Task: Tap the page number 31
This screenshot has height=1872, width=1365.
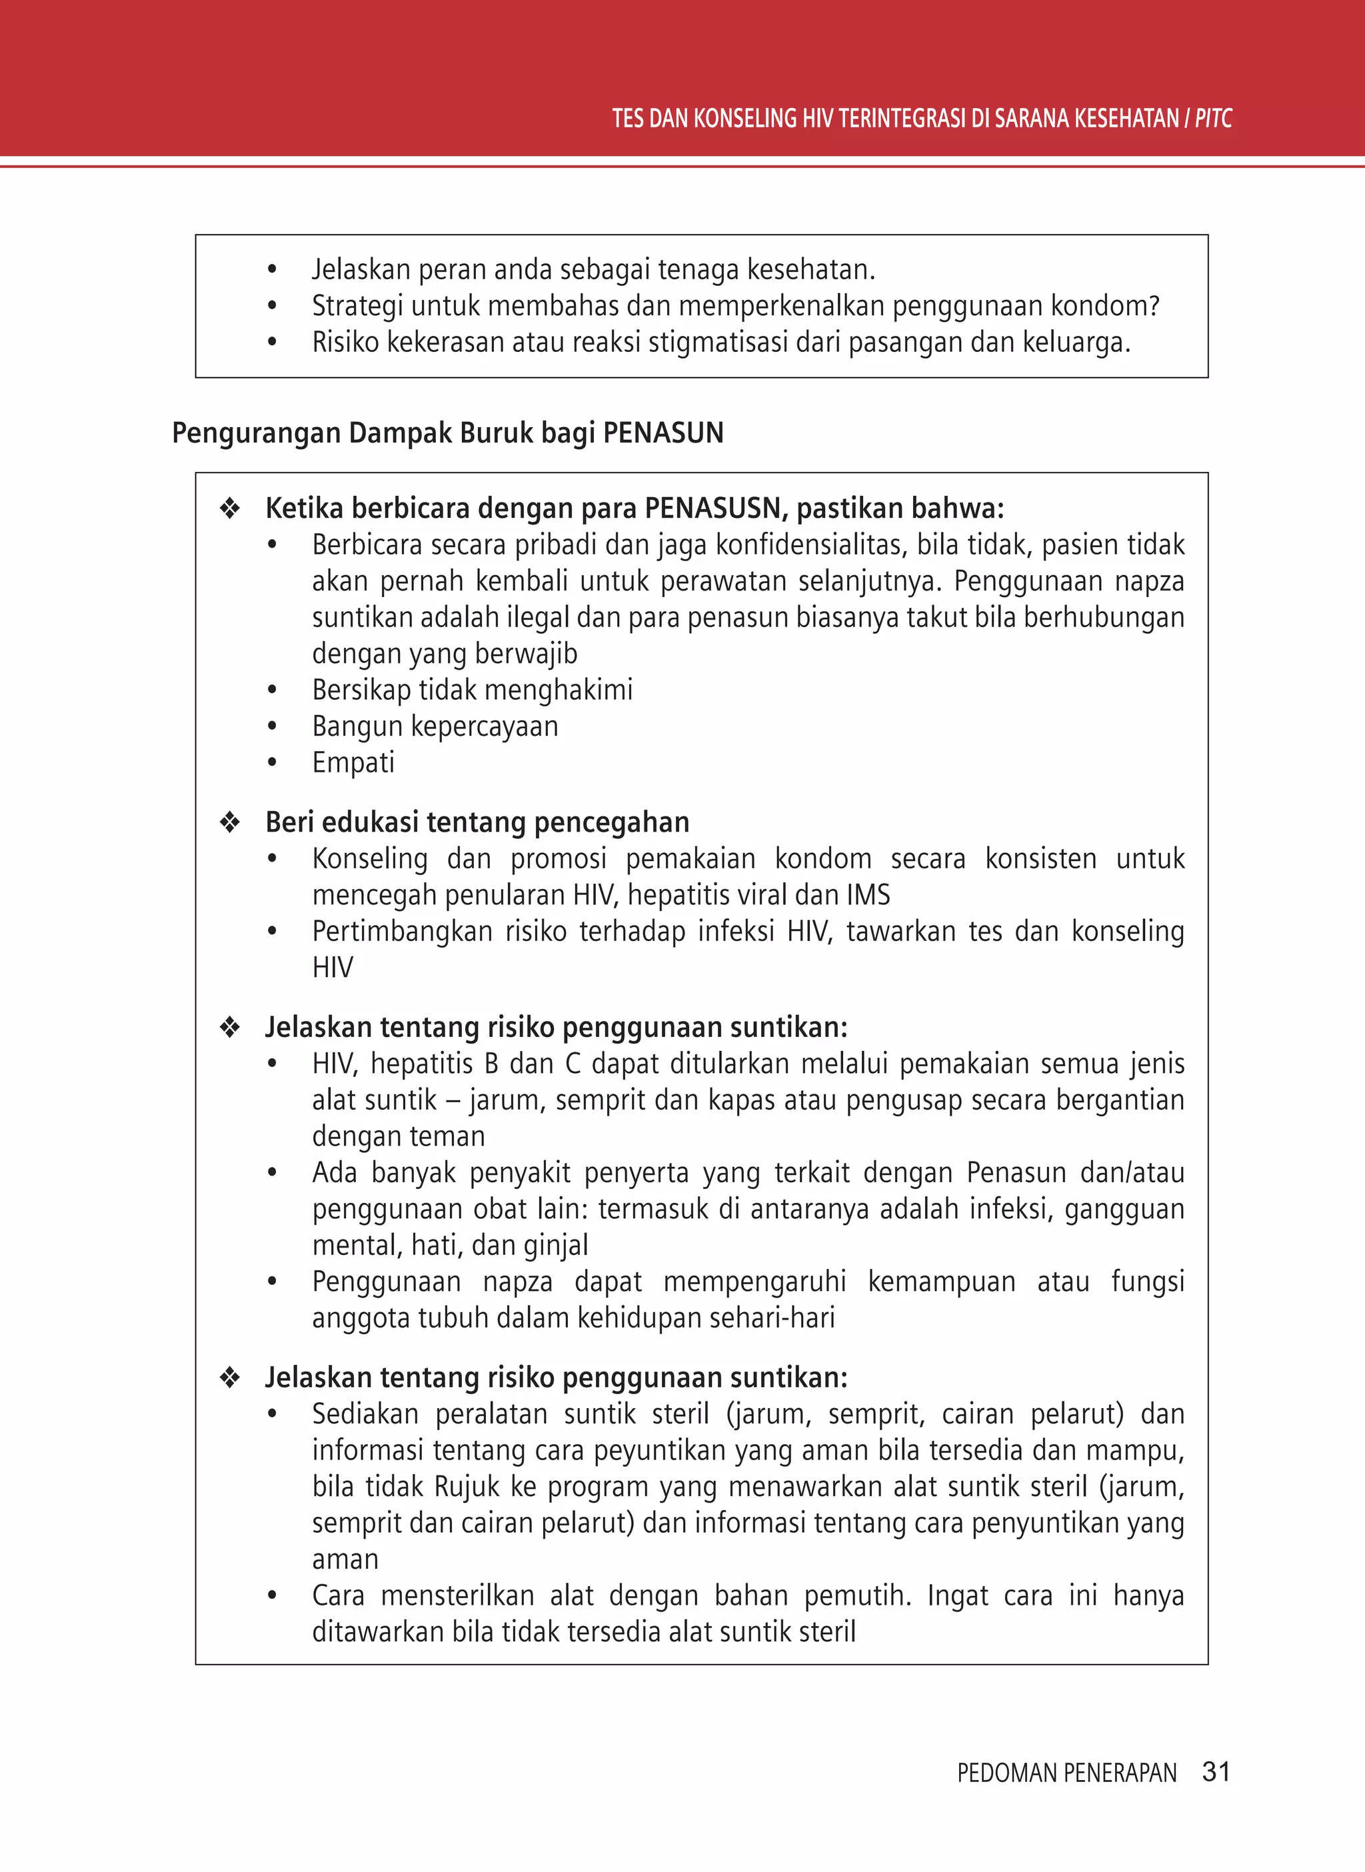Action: [x=1216, y=1771]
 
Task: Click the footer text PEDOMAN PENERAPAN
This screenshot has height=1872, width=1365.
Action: [x=1066, y=1773]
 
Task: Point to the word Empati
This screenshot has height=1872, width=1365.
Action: [x=353, y=762]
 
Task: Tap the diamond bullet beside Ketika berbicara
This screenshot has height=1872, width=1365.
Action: [x=230, y=508]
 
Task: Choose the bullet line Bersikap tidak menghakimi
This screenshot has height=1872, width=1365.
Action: [x=472, y=690]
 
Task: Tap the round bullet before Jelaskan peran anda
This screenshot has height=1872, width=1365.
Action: [x=272, y=270]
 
